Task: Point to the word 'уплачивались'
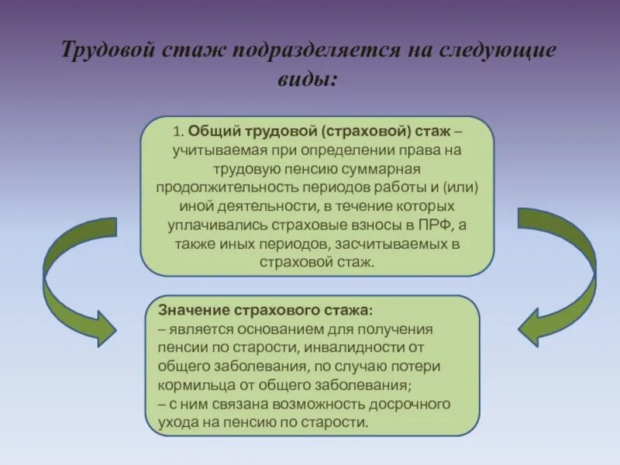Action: [217, 225]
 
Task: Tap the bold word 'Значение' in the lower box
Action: [192, 310]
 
